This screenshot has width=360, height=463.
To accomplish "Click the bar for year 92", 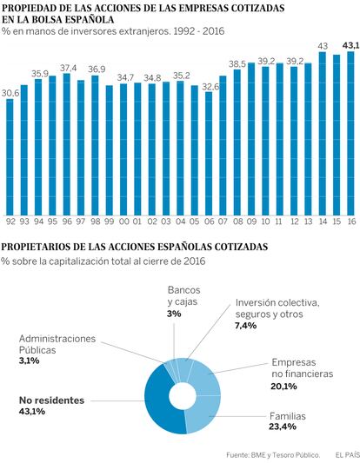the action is pos(10,157).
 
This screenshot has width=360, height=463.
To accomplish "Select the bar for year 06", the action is pos(209,154).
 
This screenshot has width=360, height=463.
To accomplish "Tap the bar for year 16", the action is pos(350,134).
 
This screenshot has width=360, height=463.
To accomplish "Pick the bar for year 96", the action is pos(66,144).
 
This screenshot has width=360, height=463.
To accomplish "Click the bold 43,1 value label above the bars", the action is pos(350,45).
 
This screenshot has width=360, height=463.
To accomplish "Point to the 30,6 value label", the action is pos(10,93).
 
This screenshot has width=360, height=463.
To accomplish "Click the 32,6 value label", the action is pos(210,87).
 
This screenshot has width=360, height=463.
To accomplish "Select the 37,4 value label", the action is pos(69,68).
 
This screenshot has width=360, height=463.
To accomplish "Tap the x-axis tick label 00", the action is pos(124,222).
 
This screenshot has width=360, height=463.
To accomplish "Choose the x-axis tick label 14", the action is pos(323,222).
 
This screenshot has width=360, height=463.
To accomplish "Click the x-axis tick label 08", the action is pos(237,222).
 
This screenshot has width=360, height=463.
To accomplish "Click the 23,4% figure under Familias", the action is pos(283,427).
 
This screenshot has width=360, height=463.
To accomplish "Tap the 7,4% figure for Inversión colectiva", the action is pos(246,326).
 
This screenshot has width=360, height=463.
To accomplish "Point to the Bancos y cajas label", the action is pos(183,296).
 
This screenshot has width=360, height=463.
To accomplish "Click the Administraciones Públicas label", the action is pos(57,344).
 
